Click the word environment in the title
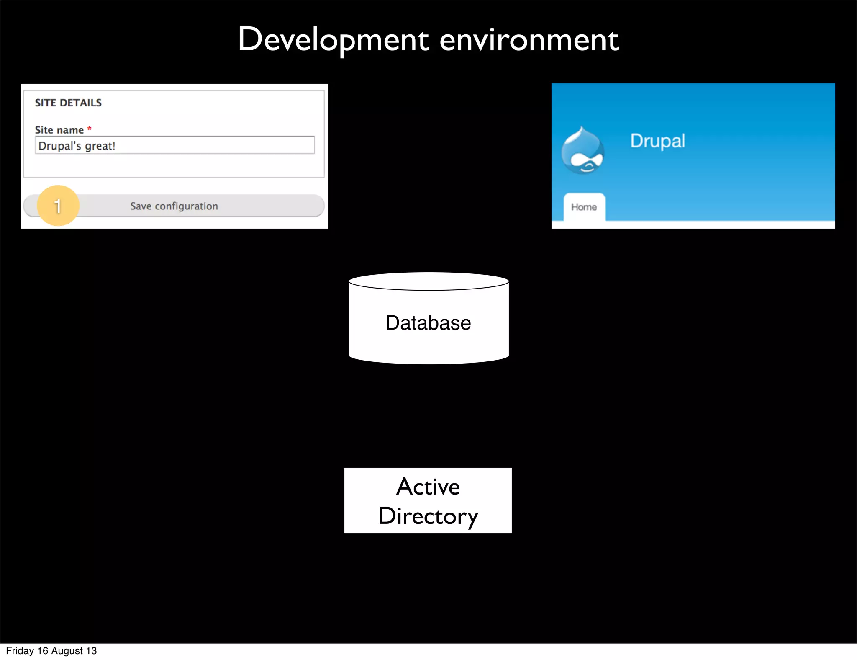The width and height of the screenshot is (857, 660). click(529, 41)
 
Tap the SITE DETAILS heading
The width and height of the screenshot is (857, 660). click(68, 103)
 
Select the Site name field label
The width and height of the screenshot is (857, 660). click(59, 130)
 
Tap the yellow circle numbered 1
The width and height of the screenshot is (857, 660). click(58, 206)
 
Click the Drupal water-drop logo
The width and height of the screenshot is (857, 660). click(582, 151)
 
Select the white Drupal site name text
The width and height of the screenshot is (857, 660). click(657, 141)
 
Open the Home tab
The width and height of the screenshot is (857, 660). click(584, 207)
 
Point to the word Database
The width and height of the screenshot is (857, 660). click(428, 323)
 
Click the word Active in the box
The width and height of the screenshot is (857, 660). click(428, 487)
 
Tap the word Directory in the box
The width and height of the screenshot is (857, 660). click(428, 516)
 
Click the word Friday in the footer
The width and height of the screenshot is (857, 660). click(20, 651)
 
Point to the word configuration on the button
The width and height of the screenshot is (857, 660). click(186, 206)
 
